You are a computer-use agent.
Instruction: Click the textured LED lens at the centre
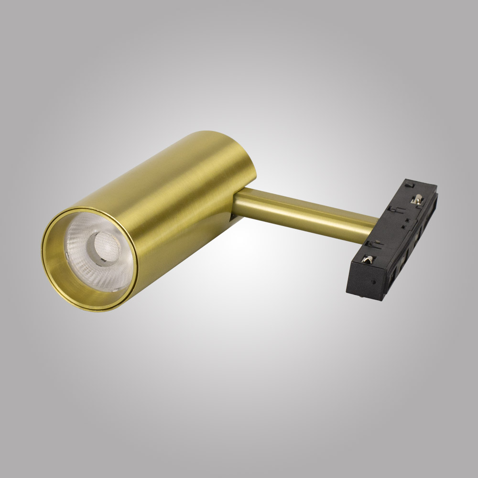[101, 247]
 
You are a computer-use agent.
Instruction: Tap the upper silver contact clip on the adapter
[419, 201]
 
